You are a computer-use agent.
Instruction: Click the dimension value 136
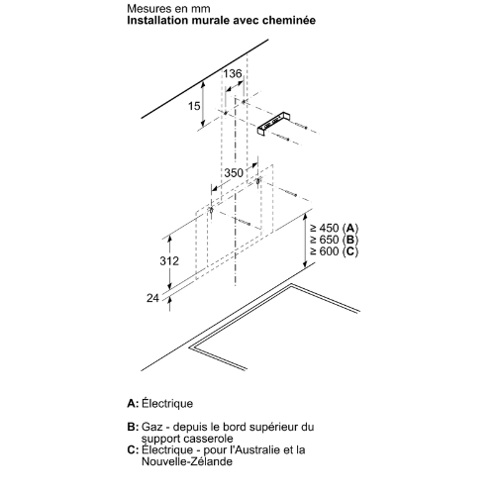[x=233, y=73]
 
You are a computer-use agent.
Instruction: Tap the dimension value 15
[x=194, y=106]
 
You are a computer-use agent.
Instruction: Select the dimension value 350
[x=234, y=172]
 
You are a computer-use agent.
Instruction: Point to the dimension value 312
[x=169, y=260]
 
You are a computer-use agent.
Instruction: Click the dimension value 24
[x=152, y=298]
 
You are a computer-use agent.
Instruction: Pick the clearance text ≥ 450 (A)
[x=334, y=228]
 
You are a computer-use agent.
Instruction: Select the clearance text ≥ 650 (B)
[x=334, y=240]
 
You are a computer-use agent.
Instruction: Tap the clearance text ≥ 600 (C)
[x=334, y=251]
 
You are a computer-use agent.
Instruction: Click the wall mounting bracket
[x=273, y=124]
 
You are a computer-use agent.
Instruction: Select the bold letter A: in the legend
[x=133, y=404]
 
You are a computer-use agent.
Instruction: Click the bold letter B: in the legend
[x=133, y=427]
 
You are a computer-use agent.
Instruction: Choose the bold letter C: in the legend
[x=133, y=450]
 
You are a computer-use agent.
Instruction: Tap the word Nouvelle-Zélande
[x=187, y=461]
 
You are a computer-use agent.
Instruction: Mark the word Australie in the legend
[x=255, y=450]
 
